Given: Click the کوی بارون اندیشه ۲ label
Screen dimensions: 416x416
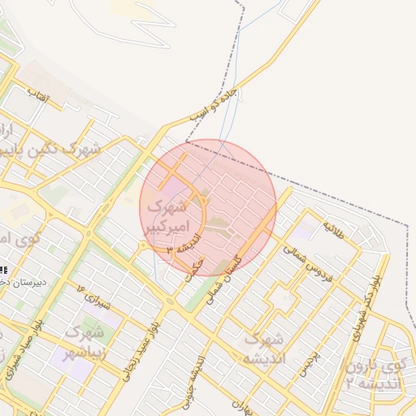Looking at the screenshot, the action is [x=373, y=375].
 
